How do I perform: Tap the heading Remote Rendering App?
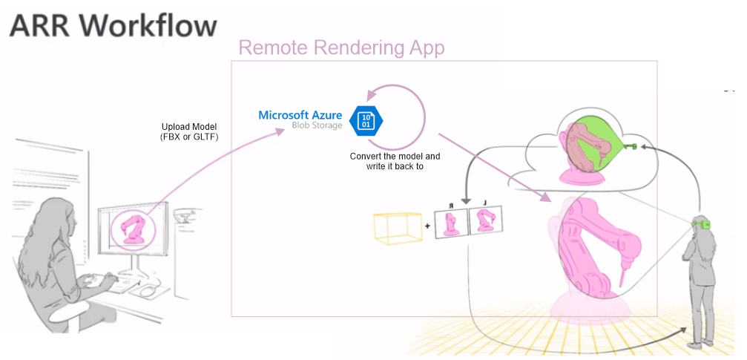341,48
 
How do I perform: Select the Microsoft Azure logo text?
300,115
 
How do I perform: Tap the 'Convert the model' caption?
395,157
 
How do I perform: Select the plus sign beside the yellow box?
427,224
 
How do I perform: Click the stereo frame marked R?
450,223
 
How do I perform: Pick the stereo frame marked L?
485,222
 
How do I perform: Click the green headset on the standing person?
704,223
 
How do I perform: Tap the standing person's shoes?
695,344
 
